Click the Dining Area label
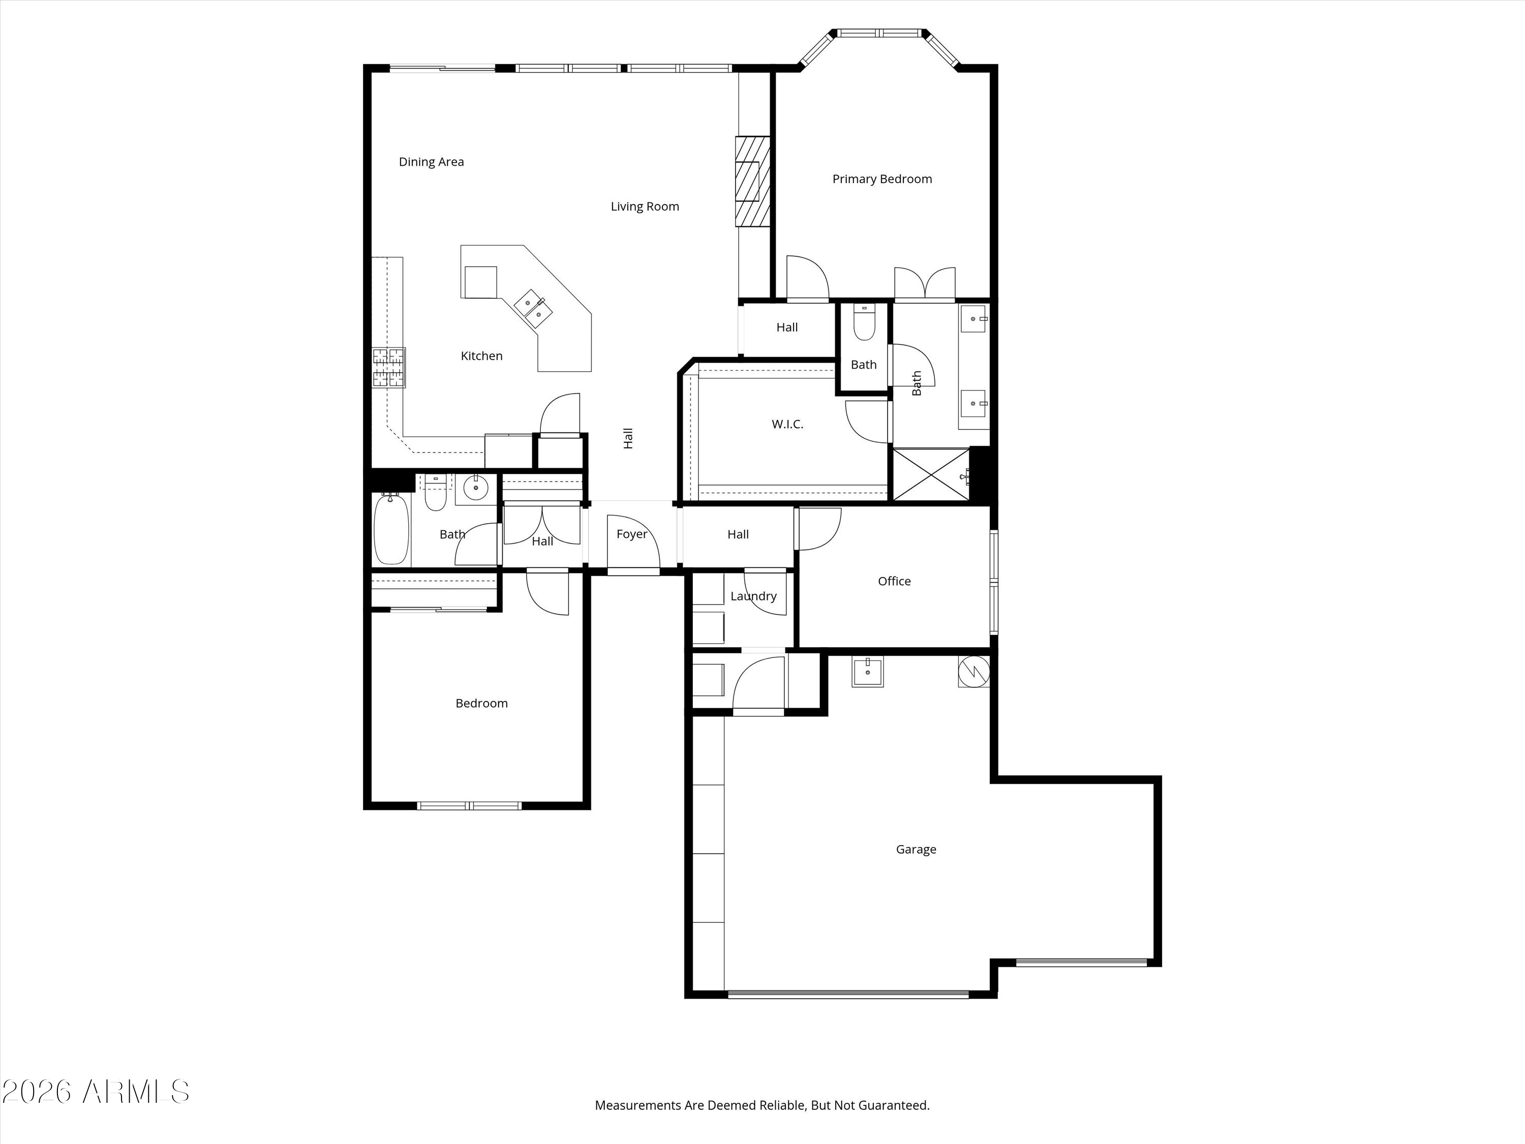pyautogui.click(x=431, y=162)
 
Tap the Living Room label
pyautogui.click(x=645, y=206)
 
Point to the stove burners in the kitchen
pyautogui.click(x=388, y=368)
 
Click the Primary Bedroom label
pyautogui.click(x=882, y=179)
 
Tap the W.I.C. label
pyautogui.click(x=787, y=424)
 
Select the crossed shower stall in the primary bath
pyautogui.click(x=931, y=474)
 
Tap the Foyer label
pyautogui.click(x=631, y=534)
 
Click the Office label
pyautogui.click(x=894, y=581)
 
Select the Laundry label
pyautogui.click(x=753, y=596)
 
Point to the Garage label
pyautogui.click(x=916, y=850)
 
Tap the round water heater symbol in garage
pyautogui.click(x=973, y=670)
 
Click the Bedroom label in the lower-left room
pyautogui.click(x=481, y=703)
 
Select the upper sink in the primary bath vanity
pyautogui.click(x=973, y=319)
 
